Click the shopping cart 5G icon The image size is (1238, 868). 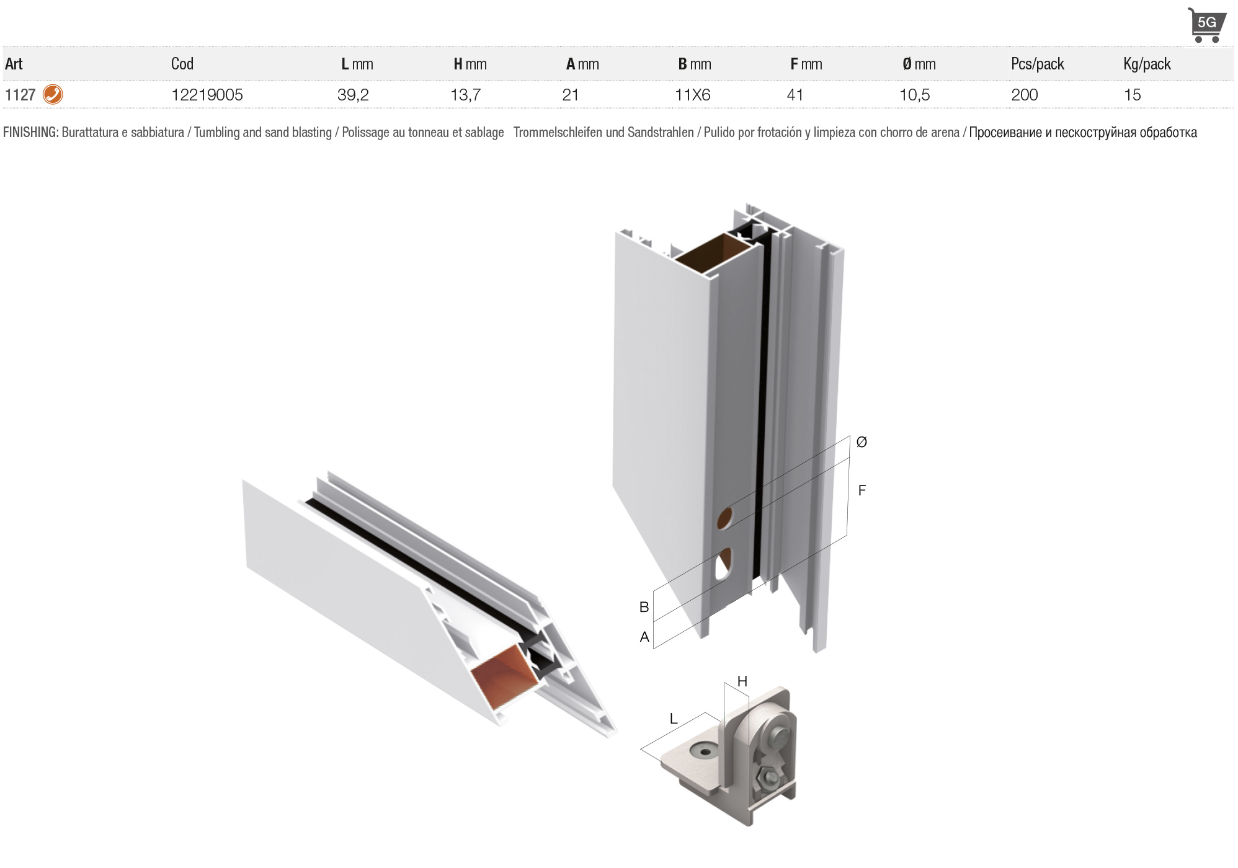point(1206,25)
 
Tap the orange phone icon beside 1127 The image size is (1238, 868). point(53,94)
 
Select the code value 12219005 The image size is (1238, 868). point(207,95)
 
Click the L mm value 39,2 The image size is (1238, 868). point(353,95)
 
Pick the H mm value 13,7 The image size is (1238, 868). point(465,95)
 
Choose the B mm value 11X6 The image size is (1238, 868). point(693,95)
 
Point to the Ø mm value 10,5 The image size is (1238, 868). point(915,95)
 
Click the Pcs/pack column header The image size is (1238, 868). point(1038,64)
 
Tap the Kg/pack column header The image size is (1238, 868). point(1147,64)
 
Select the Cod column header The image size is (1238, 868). point(182,63)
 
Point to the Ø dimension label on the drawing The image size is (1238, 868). point(862,442)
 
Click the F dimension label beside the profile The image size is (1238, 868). point(862,490)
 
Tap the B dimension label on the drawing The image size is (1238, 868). point(644,607)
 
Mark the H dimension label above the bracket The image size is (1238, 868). point(742,681)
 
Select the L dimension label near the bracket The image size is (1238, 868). point(674,719)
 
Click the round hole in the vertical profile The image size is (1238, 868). point(724,519)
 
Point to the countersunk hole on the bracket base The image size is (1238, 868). point(705,751)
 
